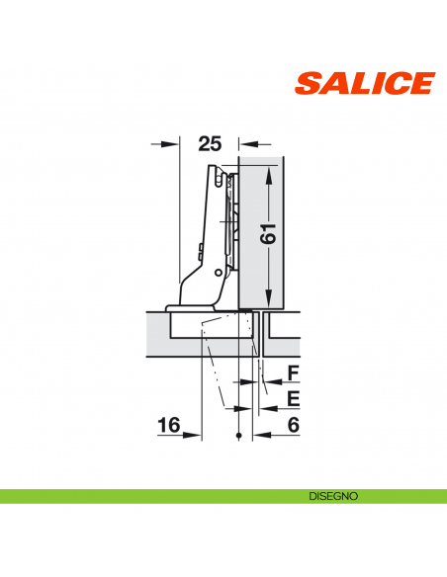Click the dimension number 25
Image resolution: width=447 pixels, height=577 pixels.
coord(209,143)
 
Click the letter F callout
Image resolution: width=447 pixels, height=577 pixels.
coord(293,372)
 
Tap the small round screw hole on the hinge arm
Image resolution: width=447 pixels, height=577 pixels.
coord(217,273)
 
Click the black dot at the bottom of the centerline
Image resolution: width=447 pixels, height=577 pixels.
coord(239,435)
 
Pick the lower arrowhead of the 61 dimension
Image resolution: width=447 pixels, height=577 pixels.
coord(269,298)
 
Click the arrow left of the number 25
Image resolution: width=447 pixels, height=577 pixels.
coord(174,143)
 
